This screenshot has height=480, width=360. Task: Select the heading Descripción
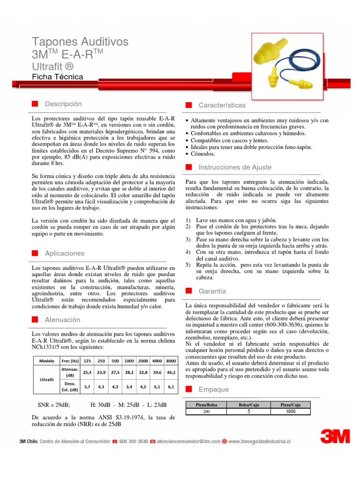pyautogui.click(x=63, y=104)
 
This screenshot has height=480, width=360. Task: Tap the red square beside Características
pyautogui.click(x=188, y=105)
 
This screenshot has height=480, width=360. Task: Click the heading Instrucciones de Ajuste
pyautogui.click(x=235, y=167)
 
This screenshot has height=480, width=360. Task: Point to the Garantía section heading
pyautogui.click(x=212, y=291)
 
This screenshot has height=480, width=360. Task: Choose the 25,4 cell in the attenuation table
pyautogui.click(x=87, y=372)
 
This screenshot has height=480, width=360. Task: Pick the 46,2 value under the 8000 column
pyautogui.click(x=171, y=372)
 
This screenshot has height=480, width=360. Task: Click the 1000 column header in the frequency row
pyautogui.click(x=129, y=361)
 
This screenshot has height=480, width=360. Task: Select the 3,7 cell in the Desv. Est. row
pyautogui.click(x=87, y=387)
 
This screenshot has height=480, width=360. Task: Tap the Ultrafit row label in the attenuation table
pyautogui.click(x=46, y=379)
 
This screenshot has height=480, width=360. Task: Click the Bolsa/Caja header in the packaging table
pyautogui.click(x=248, y=404)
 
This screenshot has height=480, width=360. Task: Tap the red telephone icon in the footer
pyautogui.click(x=115, y=441)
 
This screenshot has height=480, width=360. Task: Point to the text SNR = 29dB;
pyautogui.click(x=54, y=405)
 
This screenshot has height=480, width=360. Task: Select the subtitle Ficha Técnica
pyautogui.click(x=57, y=76)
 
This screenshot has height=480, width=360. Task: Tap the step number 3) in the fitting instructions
pyautogui.click(x=187, y=239)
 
